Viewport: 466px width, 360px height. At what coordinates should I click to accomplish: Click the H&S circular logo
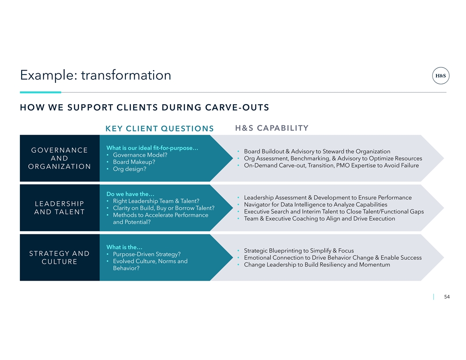(441, 76)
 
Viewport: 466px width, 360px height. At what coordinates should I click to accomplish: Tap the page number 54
(447, 297)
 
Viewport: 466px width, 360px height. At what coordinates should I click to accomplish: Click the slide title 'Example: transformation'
(95, 75)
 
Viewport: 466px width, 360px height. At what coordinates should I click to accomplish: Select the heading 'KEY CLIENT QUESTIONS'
(160, 129)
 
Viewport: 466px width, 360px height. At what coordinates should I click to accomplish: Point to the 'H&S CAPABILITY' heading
(272, 128)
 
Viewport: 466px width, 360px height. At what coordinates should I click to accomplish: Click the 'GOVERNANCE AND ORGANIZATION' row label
(60, 158)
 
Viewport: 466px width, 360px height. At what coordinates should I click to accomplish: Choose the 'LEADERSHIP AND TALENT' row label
(60, 208)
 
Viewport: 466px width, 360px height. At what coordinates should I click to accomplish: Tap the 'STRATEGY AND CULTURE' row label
(60, 258)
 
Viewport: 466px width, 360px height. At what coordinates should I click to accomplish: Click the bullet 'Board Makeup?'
(134, 162)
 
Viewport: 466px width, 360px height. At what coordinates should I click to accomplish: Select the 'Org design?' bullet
(130, 169)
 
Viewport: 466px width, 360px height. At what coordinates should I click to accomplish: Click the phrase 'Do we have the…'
(131, 194)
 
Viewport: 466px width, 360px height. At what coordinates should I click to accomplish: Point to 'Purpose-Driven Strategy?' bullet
(147, 254)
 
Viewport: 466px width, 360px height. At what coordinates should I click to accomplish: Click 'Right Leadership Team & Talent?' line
(156, 201)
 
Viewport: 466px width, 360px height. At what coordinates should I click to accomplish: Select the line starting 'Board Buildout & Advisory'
(317, 151)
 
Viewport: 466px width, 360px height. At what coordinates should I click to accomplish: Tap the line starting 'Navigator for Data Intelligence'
(316, 205)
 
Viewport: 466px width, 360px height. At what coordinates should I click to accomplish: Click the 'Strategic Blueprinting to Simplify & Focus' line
(299, 251)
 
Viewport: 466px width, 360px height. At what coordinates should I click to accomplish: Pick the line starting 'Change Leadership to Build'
(317, 265)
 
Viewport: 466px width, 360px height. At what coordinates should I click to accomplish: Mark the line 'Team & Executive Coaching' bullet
(319, 219)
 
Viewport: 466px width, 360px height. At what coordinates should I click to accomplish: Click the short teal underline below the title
(41, 92)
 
